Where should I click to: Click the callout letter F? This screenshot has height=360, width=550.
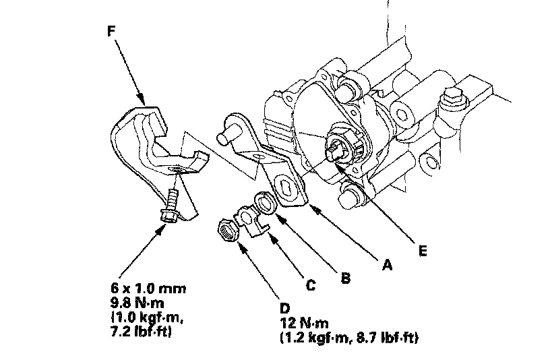click(111, 31)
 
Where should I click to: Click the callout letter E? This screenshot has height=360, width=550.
click(423, 251)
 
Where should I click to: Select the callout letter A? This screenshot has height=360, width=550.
click(387, 264)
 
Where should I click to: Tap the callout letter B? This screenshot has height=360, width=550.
click(346, 278)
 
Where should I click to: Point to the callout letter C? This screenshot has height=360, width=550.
click(311, 285)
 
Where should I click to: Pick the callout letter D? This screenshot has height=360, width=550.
click(285, 308)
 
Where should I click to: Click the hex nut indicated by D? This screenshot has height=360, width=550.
click(228, 231)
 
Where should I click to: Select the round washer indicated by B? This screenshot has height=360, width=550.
click(265, 203)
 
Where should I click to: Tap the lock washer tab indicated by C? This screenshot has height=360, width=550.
click(251, 221)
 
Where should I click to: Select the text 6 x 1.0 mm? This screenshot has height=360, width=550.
click(148, 289)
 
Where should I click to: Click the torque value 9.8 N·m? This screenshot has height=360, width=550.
click(137, 303)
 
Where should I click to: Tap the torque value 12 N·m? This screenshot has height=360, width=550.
click(305, 323)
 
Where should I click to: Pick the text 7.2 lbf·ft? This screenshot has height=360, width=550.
click(141, 332)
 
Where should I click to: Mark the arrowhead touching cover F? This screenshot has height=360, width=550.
click(142, 99)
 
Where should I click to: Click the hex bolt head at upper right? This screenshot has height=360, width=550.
click(453, 96)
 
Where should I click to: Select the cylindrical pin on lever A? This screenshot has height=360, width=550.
click(228, 135)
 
